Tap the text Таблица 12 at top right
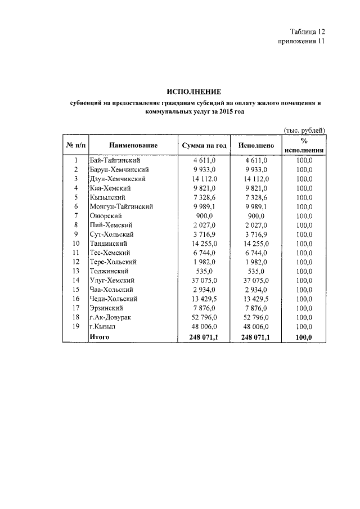(308, 31)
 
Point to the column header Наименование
(133, 146)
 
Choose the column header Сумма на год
(204, 146)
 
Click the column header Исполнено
(256, 146)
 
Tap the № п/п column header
(75, 146)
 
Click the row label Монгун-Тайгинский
(121, 206)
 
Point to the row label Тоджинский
(109, 271)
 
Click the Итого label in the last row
(99, 337)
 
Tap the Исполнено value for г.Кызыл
(256, 327)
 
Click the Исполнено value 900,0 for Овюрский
(256, 216)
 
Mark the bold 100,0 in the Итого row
(304, 337)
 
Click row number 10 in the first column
(75, 244)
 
